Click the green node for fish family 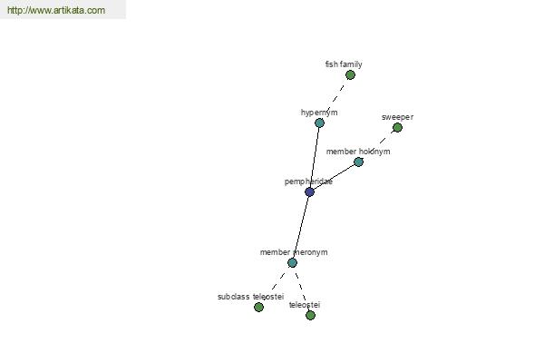(x=350, y=75)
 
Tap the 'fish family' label (x=344, y=64)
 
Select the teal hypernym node (x=319, y=123)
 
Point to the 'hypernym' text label (x=319, y=113)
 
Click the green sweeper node (x=397, y=127)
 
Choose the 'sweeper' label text (x=398, y=117)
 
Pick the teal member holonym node (x=358, y=162)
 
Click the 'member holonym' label (x=358, y=152)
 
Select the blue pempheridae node (x=309, y=191)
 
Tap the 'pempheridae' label (x=308, y=181)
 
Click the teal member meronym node (x=292, y=262)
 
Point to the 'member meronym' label (x=294, y=252)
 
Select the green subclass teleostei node (x=258, y=307)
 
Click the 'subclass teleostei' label (x=251, y=297)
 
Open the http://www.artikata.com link (x=56, y=10)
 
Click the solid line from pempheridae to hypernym (x=315, y=157)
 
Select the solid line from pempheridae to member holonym (x=334, y=177)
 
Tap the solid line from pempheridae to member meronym (x=301, y=227)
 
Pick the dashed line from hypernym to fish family (x=335, y=99)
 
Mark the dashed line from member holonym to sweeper (x=378, y=144)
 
